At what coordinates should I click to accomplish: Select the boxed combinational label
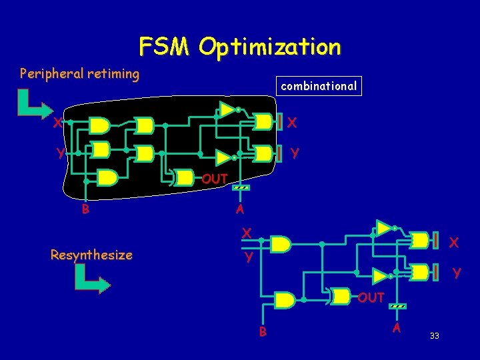(x=319, y=86)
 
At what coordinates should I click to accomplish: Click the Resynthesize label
(x=91, y=255)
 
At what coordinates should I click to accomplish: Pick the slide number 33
(x=434, y=335)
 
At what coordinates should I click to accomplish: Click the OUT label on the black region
(x=215, y=179)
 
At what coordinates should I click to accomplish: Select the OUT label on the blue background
(x=371, y=297)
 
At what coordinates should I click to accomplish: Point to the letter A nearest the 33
(x=397, y=327)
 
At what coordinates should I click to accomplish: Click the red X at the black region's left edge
(x=58, y=123)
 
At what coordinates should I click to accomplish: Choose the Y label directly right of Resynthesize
(x=247, y=257)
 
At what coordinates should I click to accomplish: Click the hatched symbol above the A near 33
(x=397, y=306)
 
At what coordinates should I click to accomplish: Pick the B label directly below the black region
(x=85, y=209)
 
